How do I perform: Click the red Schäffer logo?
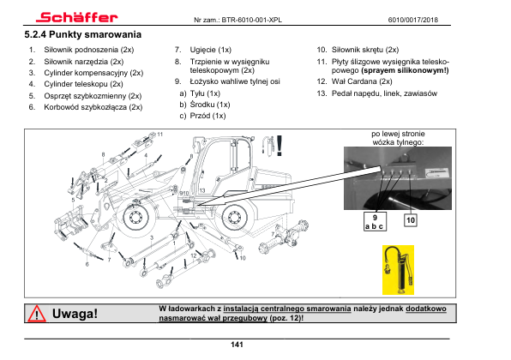[77, 17]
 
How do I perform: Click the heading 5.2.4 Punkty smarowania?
[83, 34]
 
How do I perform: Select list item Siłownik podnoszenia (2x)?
[89, 50]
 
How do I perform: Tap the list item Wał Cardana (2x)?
[362, 81]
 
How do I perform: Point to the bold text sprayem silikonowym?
[405, 70]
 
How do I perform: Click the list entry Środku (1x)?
[210, 105]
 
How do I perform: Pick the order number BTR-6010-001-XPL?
[251, 20]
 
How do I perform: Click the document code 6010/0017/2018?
[413, 20]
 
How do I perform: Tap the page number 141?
[237, 345]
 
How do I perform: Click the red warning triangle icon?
[37, 314]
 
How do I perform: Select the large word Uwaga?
[75, 314]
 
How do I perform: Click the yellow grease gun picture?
[398, 270]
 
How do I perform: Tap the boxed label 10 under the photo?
[411, 220]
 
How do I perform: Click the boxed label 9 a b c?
[375, 221]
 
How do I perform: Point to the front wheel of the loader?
[135, 216]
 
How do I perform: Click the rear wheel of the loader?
[234, 217]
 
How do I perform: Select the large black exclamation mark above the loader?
[280, 146]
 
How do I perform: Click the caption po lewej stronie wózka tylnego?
[398, 138]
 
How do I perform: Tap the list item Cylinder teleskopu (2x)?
[83, 84]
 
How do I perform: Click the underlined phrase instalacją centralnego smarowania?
[287, 309]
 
